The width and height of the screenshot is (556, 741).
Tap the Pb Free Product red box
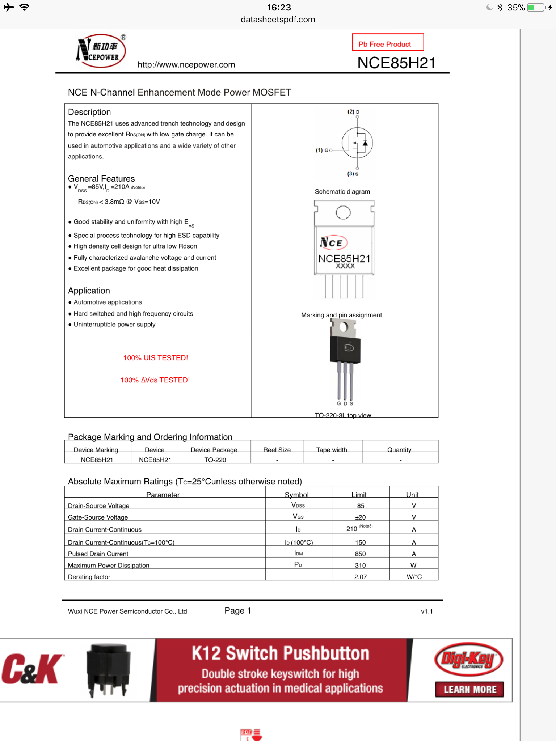[387, 43]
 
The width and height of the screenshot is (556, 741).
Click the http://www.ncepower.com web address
[186, 65]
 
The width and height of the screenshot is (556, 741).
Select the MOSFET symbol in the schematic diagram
[357, 143]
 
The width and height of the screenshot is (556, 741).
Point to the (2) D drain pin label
[353, 112]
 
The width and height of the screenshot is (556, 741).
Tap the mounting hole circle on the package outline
[343, 212]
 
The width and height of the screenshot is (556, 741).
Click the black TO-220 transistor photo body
[345, 350]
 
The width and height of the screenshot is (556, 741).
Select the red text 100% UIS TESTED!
[156, 358]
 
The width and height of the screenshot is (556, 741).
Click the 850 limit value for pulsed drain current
[360, 554]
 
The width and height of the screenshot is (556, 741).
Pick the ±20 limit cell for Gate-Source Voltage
[360, 517]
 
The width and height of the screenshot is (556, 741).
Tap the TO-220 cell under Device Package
[215, 460]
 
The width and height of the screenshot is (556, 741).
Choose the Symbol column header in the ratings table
[296, 495]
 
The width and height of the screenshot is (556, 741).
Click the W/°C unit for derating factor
[414, 577]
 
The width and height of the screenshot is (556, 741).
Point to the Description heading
[89, 112]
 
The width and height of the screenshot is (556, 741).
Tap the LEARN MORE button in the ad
[469, 690]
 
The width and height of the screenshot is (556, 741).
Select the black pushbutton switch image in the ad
[108, 670]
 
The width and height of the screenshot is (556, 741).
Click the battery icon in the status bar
[536, 8]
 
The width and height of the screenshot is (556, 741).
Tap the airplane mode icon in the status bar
[9, 7]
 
